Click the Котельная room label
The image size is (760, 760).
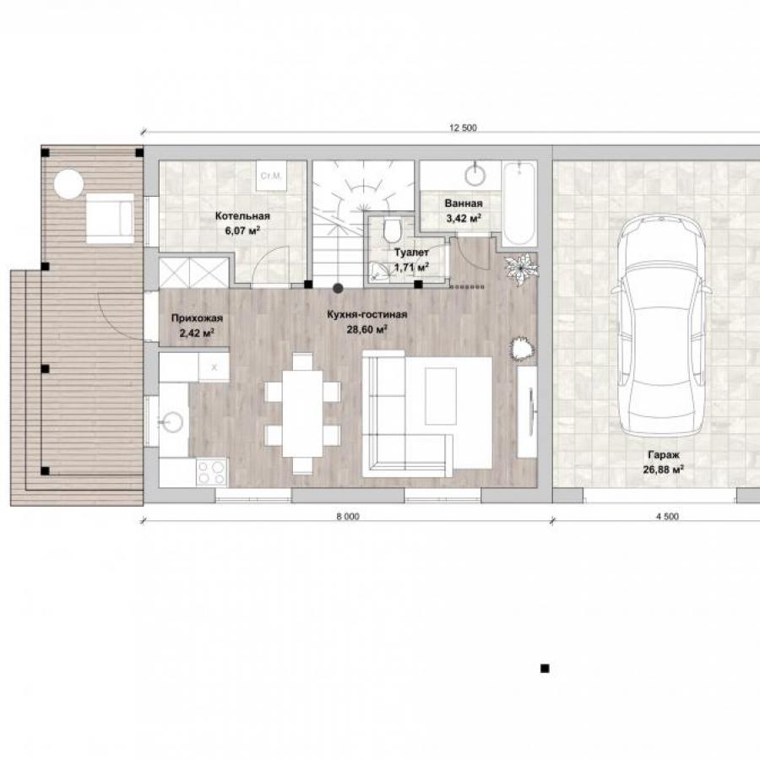tap(242, 216)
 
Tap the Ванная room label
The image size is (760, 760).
tap(464, 204)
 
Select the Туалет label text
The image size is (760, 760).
tap(411, 252)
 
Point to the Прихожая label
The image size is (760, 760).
tap(197, 318)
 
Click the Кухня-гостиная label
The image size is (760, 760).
tap(367, 315)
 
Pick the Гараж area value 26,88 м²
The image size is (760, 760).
tap(663, 470)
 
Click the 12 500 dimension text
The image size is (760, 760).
tap(464, 128)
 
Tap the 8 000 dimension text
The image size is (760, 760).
tap(348, 517)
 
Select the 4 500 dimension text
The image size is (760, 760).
tap(667, 517)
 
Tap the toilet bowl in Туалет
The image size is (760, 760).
tap(392, 231)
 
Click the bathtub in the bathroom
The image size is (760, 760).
tap(519, 204)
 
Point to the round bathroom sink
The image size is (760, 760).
tap(475, 175)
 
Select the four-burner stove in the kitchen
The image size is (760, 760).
tap(211, 472)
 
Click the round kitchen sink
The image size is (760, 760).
tap(172, 422)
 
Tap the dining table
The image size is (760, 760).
tap(302, 414)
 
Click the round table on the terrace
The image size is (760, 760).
tap(68, 184)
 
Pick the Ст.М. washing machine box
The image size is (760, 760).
tap(271, 176)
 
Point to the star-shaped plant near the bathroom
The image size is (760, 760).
tap(522, 269)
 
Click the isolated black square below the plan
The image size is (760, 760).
tap(545, 669)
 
